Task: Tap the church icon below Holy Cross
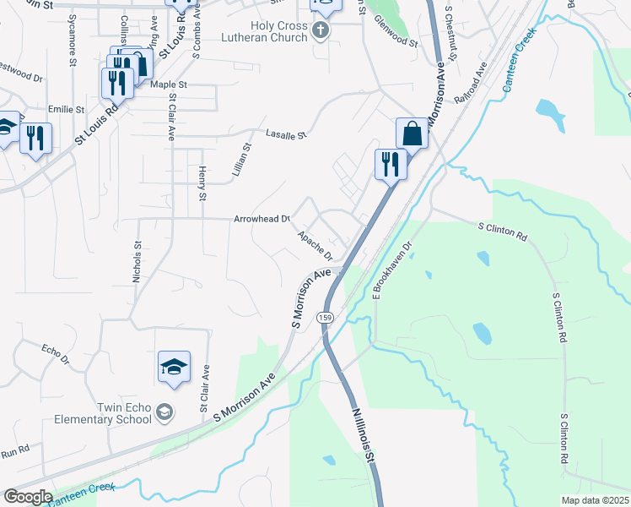[320, 31]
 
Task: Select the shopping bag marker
[412, 134]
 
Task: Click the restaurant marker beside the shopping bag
[390, 164]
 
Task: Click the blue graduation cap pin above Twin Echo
[174, 367]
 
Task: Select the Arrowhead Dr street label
[262, 219]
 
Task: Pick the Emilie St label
[67, 110]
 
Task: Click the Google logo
[27, 497]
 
